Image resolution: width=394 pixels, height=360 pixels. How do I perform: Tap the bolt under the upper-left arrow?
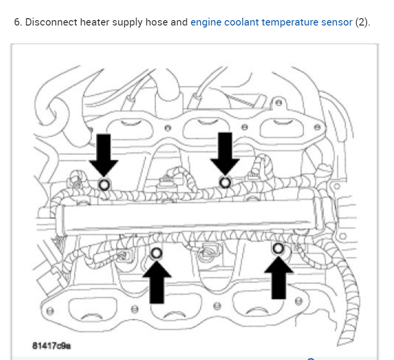104,185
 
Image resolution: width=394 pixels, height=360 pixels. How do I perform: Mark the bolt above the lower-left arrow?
157,253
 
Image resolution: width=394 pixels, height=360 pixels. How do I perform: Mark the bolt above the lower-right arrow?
278,249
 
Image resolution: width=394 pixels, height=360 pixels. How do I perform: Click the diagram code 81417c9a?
52,345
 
